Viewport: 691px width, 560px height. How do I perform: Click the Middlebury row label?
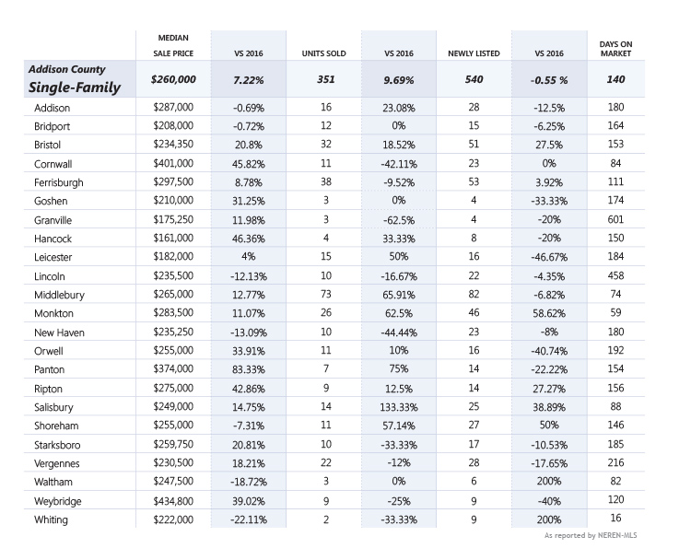[59, 295]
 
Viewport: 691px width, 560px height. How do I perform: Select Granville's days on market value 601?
[615, 219]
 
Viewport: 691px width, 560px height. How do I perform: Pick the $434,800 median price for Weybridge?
[173, 501]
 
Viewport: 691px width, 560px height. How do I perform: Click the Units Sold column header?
[324, 53]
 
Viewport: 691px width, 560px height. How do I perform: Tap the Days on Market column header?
[615, 49]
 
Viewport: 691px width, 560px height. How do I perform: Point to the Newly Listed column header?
[474, 53]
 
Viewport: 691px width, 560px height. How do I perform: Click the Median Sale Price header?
[173, 45]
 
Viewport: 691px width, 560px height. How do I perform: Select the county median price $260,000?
[173, 79]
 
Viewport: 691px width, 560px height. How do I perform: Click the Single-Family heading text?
[75, 87]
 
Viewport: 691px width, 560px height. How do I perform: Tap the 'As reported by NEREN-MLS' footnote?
[591, 535]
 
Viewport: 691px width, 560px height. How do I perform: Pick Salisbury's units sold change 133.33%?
[399, 407]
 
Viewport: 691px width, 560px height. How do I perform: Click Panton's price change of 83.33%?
[249, 369]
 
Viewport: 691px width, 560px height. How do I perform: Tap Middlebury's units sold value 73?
[325, 294]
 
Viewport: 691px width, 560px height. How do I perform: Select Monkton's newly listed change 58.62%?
[549, 313]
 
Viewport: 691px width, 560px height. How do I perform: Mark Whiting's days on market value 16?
[615, 518]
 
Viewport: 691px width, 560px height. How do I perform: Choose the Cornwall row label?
[53, 164]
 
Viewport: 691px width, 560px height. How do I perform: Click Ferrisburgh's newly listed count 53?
[474, 181]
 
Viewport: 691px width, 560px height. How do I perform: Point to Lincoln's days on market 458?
[615, 275]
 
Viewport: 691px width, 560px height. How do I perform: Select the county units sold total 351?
[325, 79]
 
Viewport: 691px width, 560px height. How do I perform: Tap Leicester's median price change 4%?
[249, 256]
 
